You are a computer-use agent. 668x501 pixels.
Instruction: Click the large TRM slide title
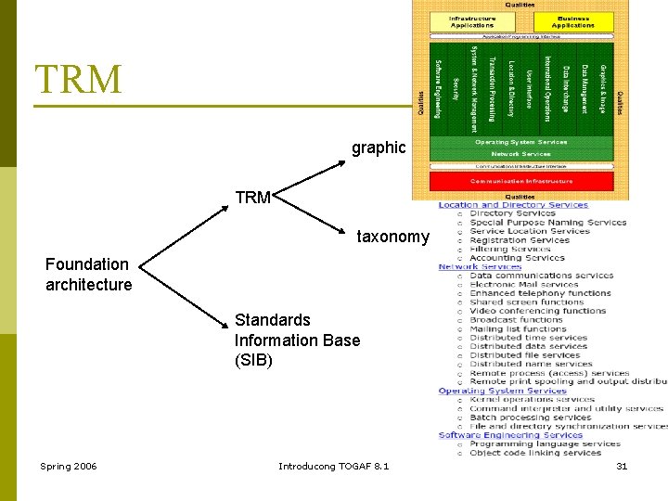click(79, 80)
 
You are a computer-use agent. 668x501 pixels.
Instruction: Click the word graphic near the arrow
click(379, 148)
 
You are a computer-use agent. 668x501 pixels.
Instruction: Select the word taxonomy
click(393, 237)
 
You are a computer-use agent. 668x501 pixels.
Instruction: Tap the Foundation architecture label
click(89, 275)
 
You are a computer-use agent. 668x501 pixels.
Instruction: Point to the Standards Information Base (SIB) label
click(297, 340)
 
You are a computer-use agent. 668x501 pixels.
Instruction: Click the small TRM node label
click(252, 198)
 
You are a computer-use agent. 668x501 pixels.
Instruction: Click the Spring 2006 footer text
click(68, 466)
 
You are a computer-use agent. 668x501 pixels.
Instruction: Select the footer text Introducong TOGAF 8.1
click(334, 466)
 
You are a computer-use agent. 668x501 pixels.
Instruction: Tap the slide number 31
click(622, 466)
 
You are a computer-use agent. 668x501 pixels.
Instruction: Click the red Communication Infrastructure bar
click(520, 181)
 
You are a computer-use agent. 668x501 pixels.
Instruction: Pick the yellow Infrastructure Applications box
click(472, 21)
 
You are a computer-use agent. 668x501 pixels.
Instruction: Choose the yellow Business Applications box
click(572, 21)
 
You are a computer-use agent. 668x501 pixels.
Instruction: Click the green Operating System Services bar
click(520, 142)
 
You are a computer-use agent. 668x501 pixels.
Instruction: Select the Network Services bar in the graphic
click(520, 154)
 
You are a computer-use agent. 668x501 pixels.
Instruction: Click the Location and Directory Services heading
click(513, 205)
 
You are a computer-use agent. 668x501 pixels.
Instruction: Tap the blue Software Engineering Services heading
click(510, 435)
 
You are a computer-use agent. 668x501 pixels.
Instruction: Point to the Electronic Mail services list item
click(525, 284)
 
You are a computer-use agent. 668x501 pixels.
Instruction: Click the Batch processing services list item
click(530, 417)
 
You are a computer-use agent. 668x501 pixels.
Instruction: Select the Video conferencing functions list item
click(537, 311)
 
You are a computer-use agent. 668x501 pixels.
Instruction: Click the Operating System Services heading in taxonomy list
click(502, 391)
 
